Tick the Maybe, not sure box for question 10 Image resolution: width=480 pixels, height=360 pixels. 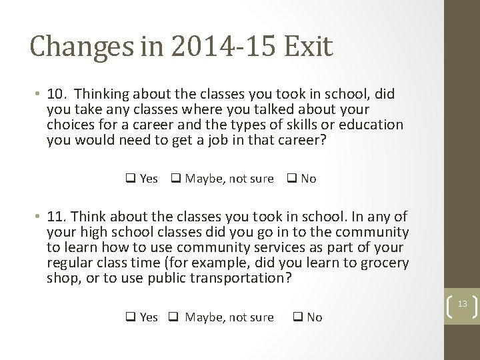click(176, 179)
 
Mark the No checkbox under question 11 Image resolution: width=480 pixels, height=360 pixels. click(297, 317)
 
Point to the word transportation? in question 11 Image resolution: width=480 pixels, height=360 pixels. click(241, 278)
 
